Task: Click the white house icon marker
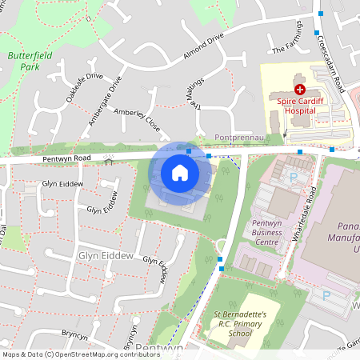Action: (x=180, y=172)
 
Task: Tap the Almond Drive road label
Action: (x=203, y=47)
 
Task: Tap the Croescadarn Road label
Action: (x=329, y=62)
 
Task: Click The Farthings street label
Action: (x=289, y=42)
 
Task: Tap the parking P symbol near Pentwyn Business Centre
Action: (x=293, y=178)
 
